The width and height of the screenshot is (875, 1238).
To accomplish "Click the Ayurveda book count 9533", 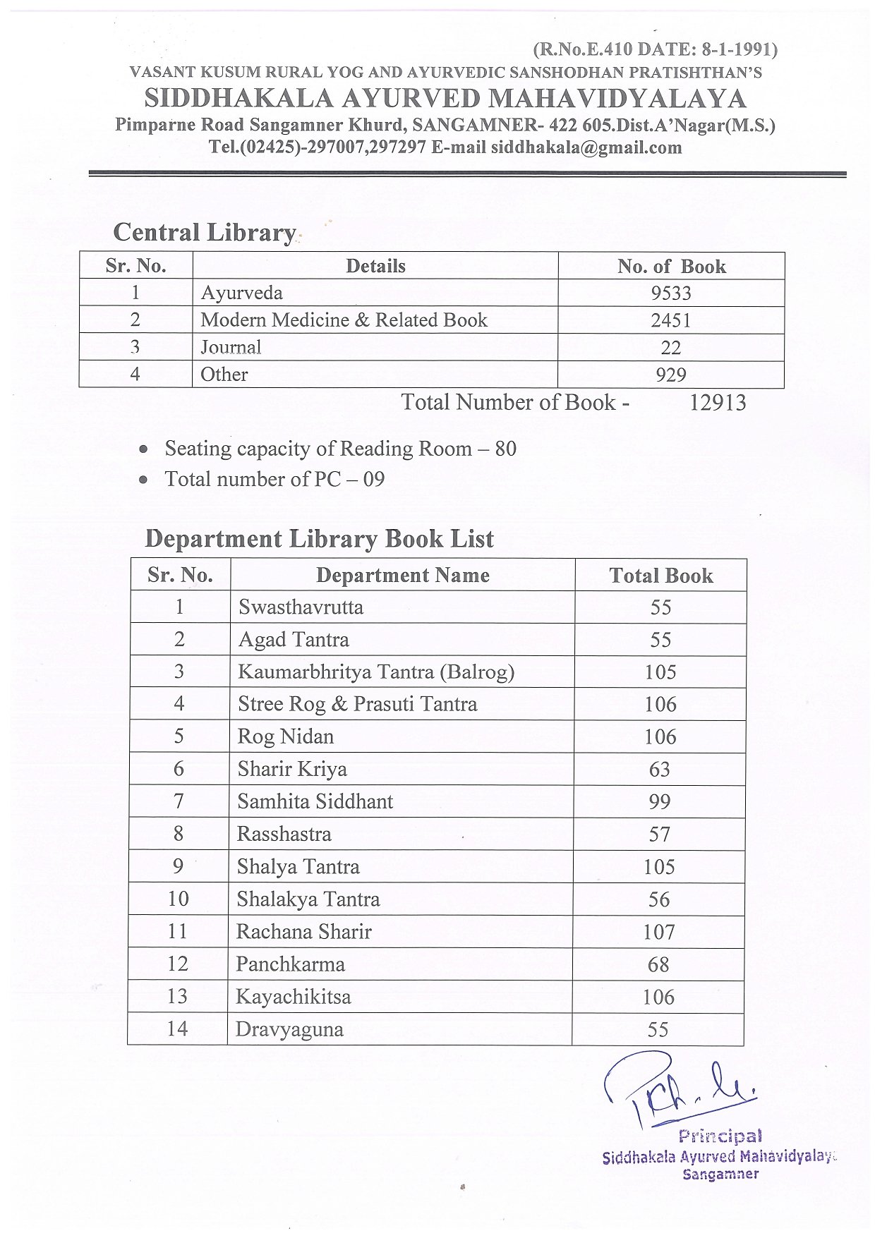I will coord(670,293).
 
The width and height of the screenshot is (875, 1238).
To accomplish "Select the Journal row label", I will coord(231,347).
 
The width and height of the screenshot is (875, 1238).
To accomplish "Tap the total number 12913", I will coord(717,403).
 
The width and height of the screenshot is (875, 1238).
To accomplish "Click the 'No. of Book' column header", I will coord(671,267).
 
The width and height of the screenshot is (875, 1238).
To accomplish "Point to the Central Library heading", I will coord(204,233).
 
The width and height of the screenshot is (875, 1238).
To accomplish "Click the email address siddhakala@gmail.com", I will coord(586,147).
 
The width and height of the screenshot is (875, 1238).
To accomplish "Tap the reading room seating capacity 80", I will coord(505,449).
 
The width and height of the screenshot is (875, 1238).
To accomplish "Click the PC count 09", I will coord(374,480).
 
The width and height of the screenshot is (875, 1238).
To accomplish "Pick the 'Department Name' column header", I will coord(402,576).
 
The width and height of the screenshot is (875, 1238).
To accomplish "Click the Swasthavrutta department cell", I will coord(301,607).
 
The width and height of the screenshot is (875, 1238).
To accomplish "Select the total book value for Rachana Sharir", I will coord(658,933).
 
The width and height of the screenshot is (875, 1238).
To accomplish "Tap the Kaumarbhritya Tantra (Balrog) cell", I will coord(375,672).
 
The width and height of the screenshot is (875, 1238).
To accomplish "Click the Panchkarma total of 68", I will coord(658,965).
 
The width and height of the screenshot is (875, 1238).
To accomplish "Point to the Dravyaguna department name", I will coord(289,1030).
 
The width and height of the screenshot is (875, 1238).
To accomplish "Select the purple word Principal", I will coord(720,1136).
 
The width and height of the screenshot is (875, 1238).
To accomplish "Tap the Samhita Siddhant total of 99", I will coord(659,802).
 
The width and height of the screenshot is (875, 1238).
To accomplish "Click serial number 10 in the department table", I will coord(178,899).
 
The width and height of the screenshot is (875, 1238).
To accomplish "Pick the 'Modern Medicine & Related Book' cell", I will coord(344,320).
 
